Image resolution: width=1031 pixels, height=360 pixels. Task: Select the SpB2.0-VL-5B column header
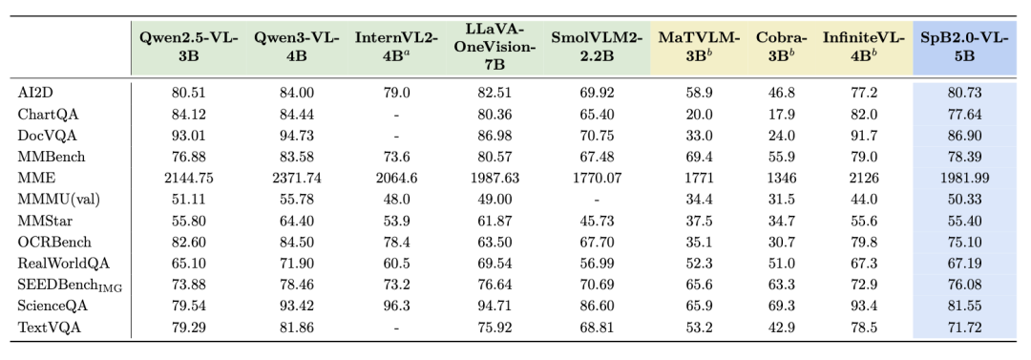[964, 47]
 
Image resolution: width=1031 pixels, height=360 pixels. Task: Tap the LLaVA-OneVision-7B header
[494, 47]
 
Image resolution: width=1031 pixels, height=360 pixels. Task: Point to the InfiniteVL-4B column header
[864, 47]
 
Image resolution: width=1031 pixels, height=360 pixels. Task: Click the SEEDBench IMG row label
[71, 286]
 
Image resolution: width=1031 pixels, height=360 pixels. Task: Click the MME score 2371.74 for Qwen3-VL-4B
[297, 178]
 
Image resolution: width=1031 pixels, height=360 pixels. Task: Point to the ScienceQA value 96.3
[396, 306]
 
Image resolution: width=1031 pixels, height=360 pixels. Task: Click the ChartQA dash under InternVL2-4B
[396, 115]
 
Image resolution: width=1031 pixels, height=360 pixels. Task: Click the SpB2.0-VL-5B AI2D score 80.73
[964, 93]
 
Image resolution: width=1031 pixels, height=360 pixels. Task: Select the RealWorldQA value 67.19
[964, 264]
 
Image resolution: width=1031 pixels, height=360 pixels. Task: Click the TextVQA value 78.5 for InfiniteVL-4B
[864, 328]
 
